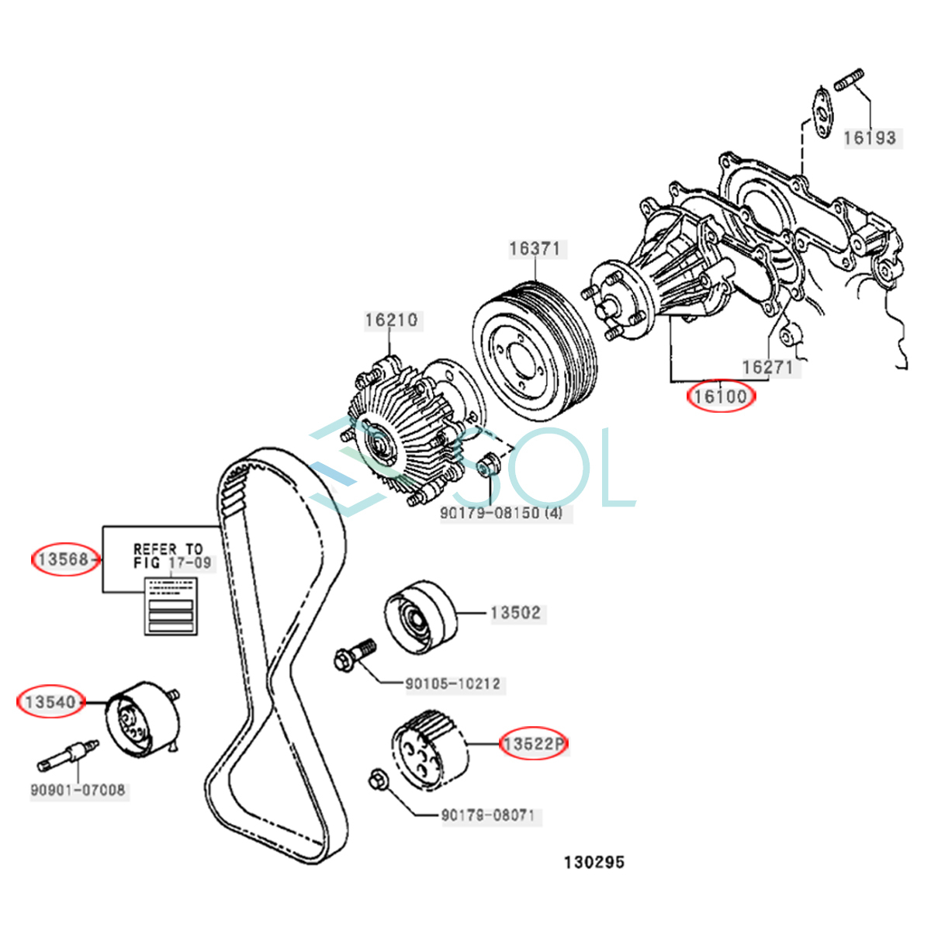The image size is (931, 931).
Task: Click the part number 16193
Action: [869, 138]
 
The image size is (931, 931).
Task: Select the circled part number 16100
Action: [720, 396]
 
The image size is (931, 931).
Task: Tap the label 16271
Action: [767, 367]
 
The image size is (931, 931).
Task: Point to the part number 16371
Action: [534, 249]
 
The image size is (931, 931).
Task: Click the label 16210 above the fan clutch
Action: [391, 320]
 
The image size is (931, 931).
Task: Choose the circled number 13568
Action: [64, 559]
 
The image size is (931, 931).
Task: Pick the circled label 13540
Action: [50, 702]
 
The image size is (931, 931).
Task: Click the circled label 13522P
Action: [534, 744]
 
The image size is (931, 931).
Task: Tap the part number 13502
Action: [515, 613]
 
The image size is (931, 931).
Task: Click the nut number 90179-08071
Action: [487, 815]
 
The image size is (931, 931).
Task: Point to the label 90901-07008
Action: [78, 791]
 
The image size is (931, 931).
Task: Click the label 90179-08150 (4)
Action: [502, 513]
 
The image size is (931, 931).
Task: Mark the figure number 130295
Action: [594, 862]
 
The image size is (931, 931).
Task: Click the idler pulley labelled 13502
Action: [420, 617]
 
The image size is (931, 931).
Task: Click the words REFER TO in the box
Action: [168, 549]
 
